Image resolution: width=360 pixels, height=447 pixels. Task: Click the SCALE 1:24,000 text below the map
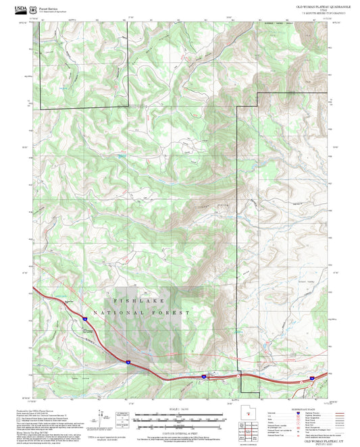(x=180, y=409)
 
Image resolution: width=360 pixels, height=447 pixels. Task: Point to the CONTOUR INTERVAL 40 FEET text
(x=180, y=428)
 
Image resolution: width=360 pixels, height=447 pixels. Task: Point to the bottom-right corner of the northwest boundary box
(x=128, y=107)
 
